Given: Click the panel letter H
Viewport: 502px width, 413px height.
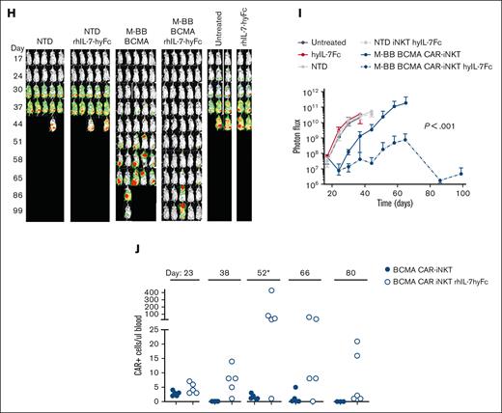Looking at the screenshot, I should point(8,8).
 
